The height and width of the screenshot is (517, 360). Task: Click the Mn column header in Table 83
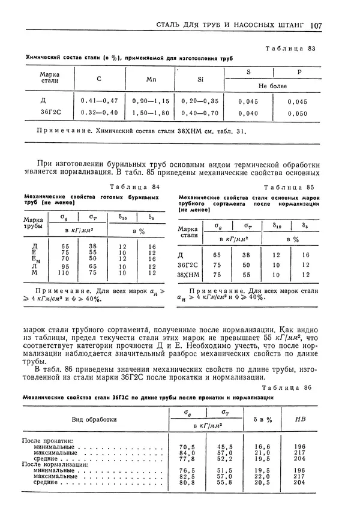point(151,78)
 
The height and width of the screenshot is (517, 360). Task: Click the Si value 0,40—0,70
point(201,113)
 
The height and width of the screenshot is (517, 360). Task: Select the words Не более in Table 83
point(272,86)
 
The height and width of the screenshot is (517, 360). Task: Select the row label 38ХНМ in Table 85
point(191,275)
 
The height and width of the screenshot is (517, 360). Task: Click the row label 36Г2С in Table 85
point(191,264)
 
